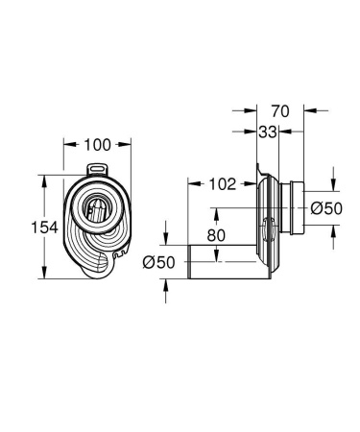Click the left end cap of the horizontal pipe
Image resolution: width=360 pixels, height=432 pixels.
click(x=188, y=263)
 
